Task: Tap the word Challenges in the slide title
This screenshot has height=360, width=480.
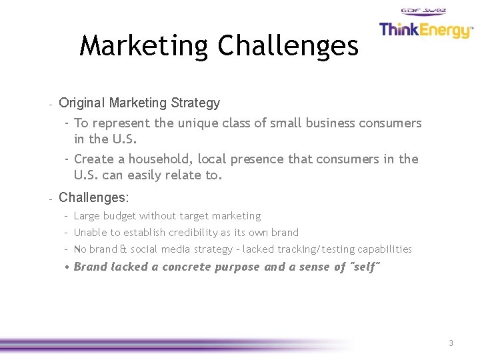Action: pos(288,46)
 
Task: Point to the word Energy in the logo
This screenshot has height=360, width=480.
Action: pos(447,31)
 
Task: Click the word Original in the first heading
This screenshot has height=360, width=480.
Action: pos(82,103)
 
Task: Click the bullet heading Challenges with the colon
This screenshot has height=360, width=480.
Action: pos(94,197)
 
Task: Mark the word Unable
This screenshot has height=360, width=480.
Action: pos(89,233)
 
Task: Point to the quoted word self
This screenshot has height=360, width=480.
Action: pos(365,267)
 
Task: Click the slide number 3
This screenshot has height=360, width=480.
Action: pos(451,343)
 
